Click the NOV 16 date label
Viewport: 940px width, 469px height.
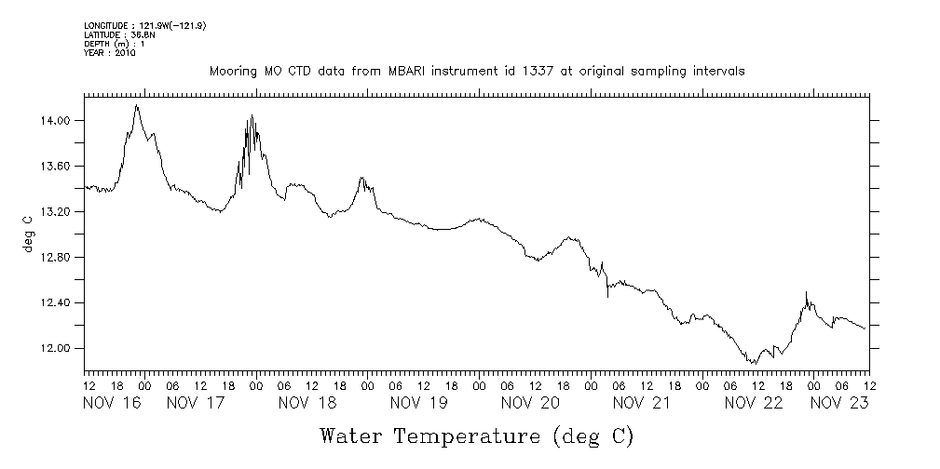112,403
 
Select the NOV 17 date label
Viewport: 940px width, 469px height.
196,403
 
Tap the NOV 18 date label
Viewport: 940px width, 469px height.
307,403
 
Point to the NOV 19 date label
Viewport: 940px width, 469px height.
418,403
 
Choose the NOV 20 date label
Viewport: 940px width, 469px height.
529,403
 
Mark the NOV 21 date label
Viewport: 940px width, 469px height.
641,403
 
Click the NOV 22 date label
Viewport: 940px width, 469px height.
753,403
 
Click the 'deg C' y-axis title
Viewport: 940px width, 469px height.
28,234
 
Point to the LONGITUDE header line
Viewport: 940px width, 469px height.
144,26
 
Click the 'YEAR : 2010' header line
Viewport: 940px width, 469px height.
110,53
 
